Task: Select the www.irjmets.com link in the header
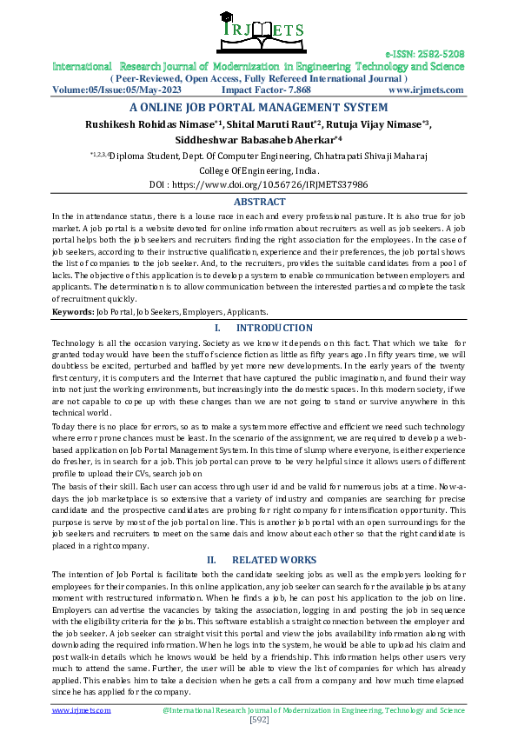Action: [426, 90]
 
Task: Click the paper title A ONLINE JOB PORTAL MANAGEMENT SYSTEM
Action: [258, 108]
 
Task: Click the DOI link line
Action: [258, 184]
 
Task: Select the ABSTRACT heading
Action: [259, 202]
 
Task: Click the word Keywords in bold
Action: [72, 310]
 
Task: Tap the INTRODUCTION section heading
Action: [274, 328]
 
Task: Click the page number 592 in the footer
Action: [258, 720]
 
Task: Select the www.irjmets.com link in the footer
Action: [82, 709]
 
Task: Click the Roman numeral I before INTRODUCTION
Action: [216, 328]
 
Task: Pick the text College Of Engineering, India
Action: [258, 170]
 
